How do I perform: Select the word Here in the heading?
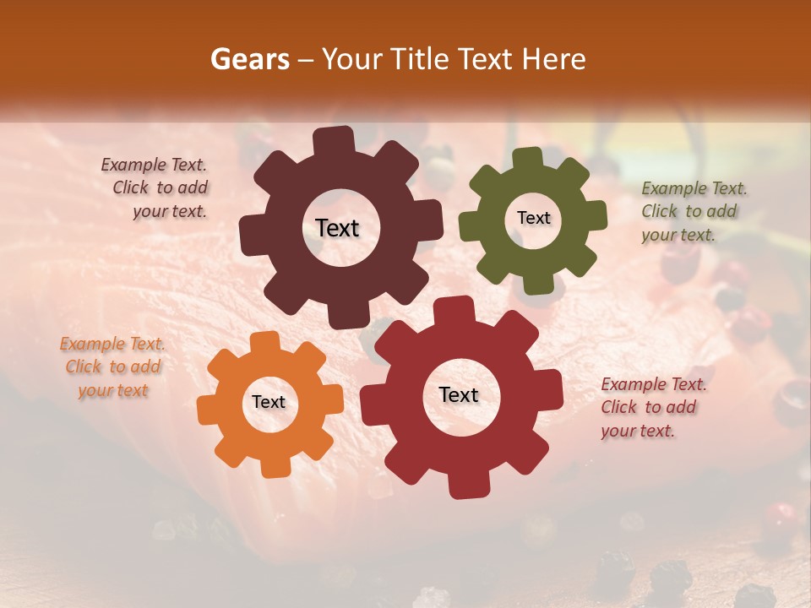(554, 59)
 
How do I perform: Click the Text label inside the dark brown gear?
(337, 228)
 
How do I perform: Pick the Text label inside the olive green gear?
(533, 218)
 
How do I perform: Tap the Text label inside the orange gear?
(269, 403)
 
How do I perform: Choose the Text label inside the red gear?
(459, 394)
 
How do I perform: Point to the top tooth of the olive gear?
(528, 159)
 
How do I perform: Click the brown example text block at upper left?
(157, 188)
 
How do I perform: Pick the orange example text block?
(112, 367)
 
